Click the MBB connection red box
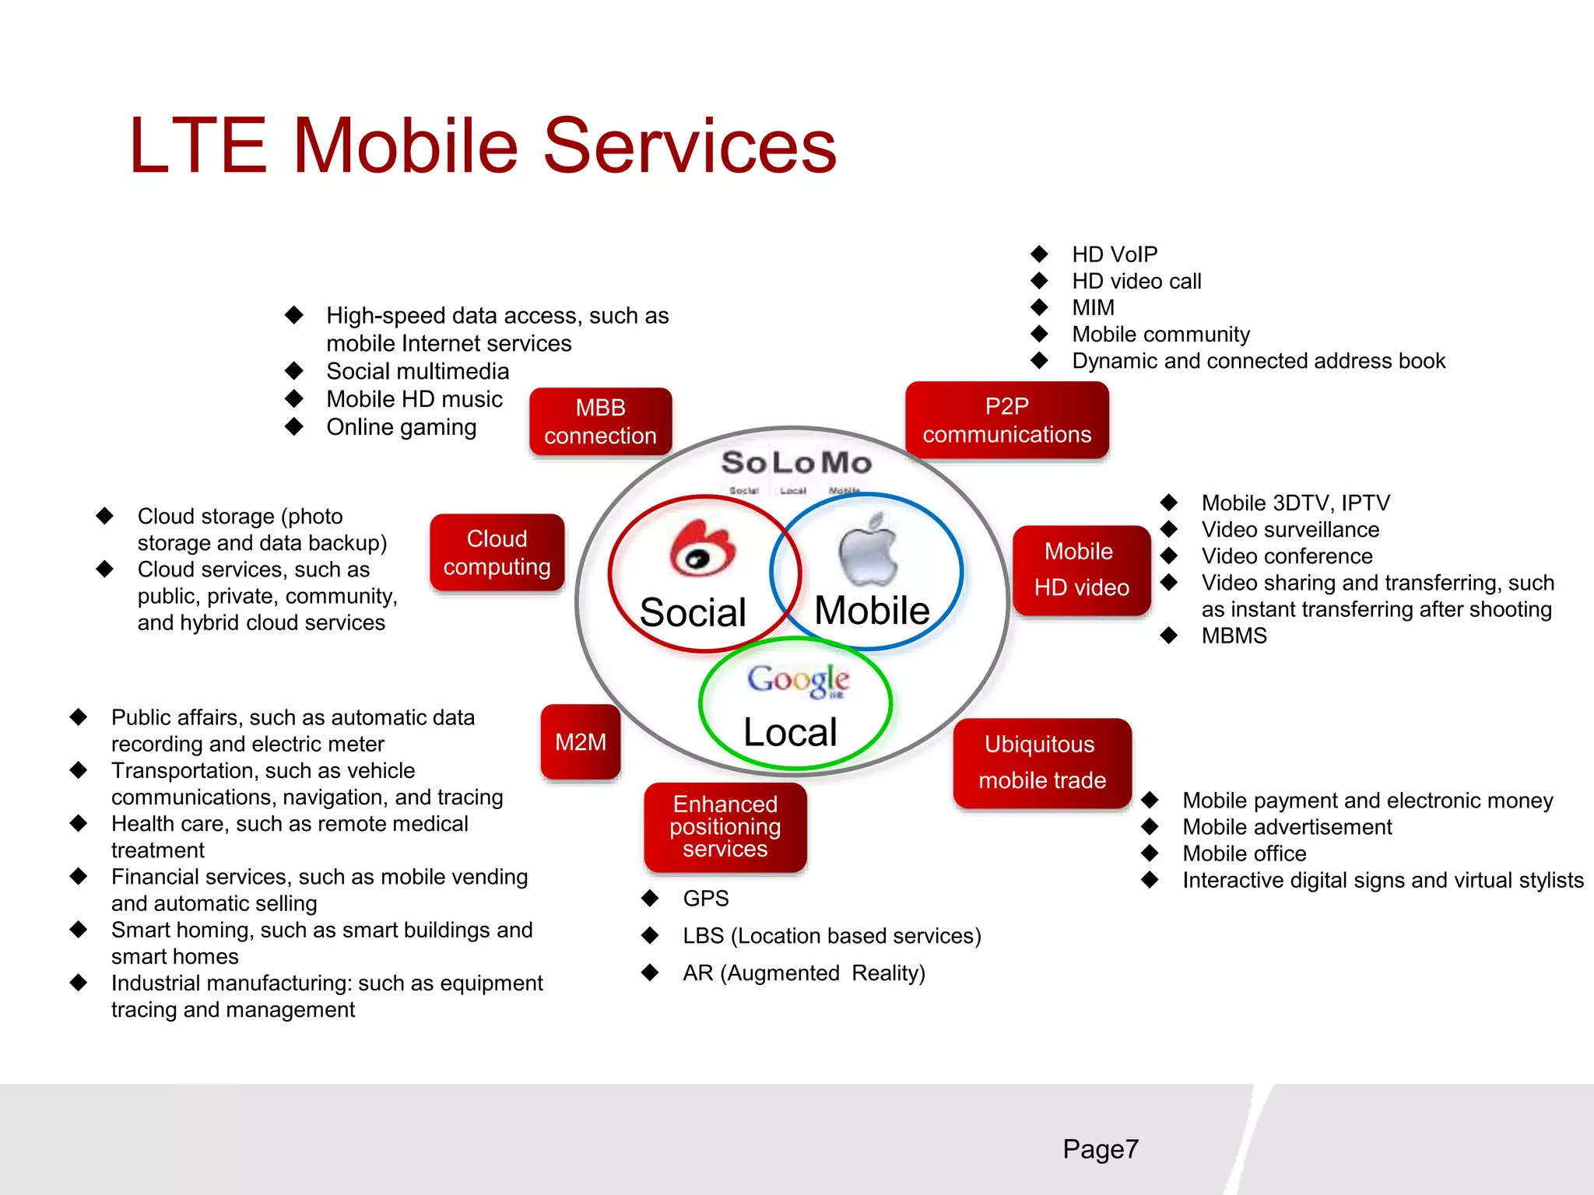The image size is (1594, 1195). pos(600,422)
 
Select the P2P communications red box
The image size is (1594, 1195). pos(1006,420)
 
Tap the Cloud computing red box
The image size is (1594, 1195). pos(497,552)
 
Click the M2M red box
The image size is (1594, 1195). pos(581,742)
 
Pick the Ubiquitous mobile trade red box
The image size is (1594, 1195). pos(1041,762)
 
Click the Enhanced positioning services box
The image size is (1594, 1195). pos(725,827)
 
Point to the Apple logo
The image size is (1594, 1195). pos(869,550)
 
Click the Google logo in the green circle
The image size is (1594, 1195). pos(798,681)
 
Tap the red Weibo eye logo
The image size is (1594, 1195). pos(702,548)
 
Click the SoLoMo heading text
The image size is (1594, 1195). pos(795,463)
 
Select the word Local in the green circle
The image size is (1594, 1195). pos(790,733)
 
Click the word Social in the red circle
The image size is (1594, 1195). pos(693,612)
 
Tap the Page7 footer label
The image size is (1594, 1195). pos(1100,1149)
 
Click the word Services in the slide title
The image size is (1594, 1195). pos(689,145)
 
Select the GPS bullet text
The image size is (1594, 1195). pos(706,899)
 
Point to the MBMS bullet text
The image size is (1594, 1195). pos(1234,636)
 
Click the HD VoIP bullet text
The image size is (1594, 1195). pos(1115,254)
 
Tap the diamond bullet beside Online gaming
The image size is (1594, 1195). pos(294,426)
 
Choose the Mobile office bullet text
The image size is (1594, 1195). pos(1244,853)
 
